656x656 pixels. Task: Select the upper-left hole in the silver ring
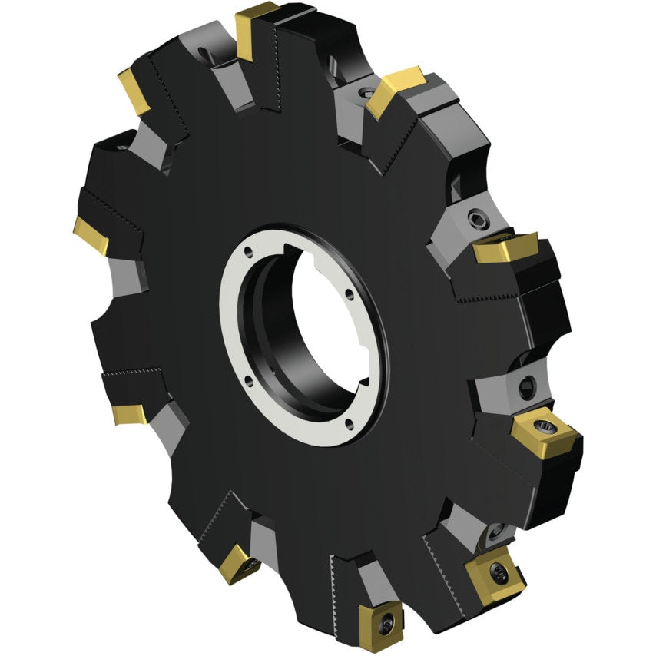[x=251, y=250]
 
